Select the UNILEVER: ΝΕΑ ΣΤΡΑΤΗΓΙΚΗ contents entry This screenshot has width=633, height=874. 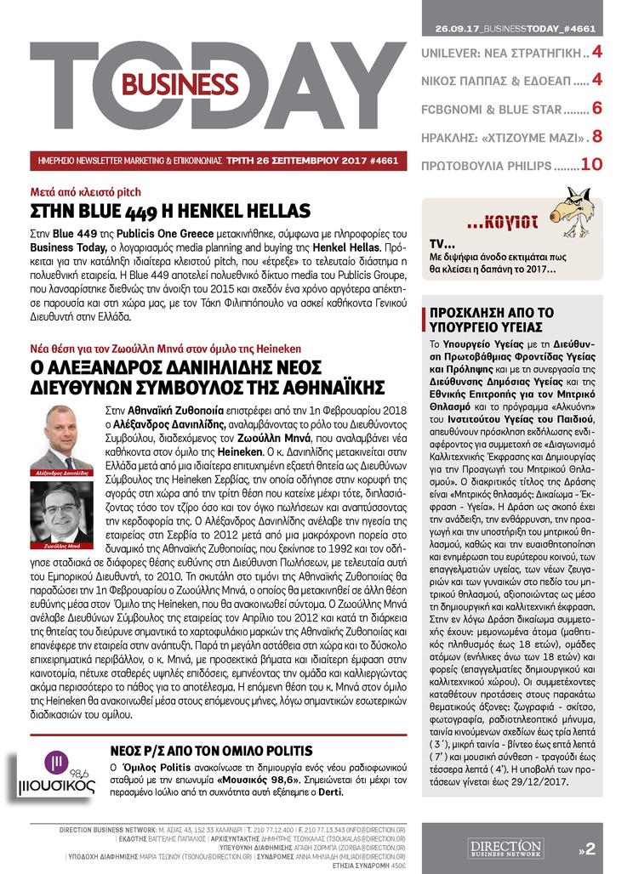pyautogui.click(x=501, y=54)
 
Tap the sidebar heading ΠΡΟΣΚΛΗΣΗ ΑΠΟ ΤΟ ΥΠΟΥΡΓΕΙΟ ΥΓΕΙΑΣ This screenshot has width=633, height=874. pyautogui.click(x=486, y=317)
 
